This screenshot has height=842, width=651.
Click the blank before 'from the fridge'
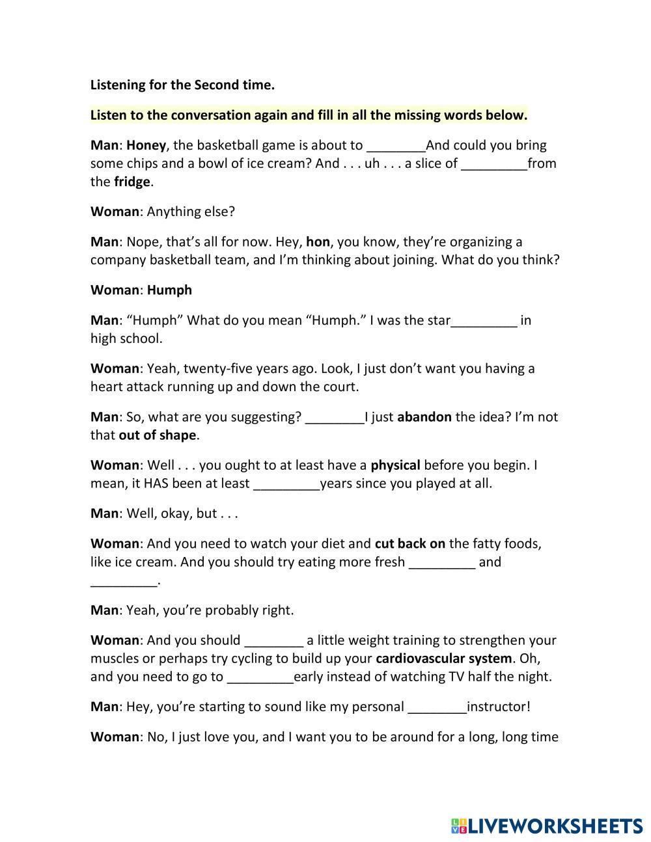click(494, 164)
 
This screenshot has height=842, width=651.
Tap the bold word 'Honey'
click(146, 145)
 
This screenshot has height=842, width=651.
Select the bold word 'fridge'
click(132, 182)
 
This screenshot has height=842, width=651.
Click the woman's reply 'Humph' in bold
click(169, 290)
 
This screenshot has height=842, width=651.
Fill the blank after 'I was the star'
click(484, 321)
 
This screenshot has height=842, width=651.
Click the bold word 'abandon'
click(424, 416)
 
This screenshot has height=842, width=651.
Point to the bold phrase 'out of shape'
click(158, 435)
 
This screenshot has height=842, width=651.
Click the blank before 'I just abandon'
click(335, 418)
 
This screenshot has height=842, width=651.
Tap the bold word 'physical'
click(395, 465)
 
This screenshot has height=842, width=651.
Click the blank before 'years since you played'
click(286, 484)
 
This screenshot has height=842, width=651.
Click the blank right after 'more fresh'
click(442, 563)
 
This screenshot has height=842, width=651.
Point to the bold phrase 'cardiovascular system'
click(443, 658)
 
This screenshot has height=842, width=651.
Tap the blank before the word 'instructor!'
click(437, 707)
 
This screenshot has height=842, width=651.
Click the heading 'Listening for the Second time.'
click(182, 85)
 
